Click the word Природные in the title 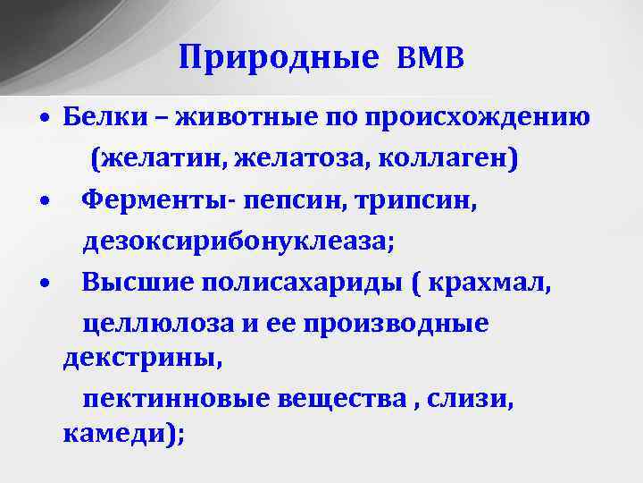coord(279,58)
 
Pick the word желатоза coord(298,158)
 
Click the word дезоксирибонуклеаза coord(238,241)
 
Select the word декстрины coord(140,358)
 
